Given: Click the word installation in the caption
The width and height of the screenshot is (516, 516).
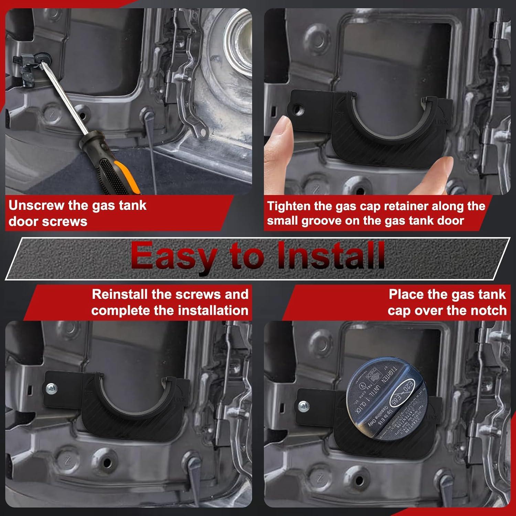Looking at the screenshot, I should [x=213, y=311].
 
